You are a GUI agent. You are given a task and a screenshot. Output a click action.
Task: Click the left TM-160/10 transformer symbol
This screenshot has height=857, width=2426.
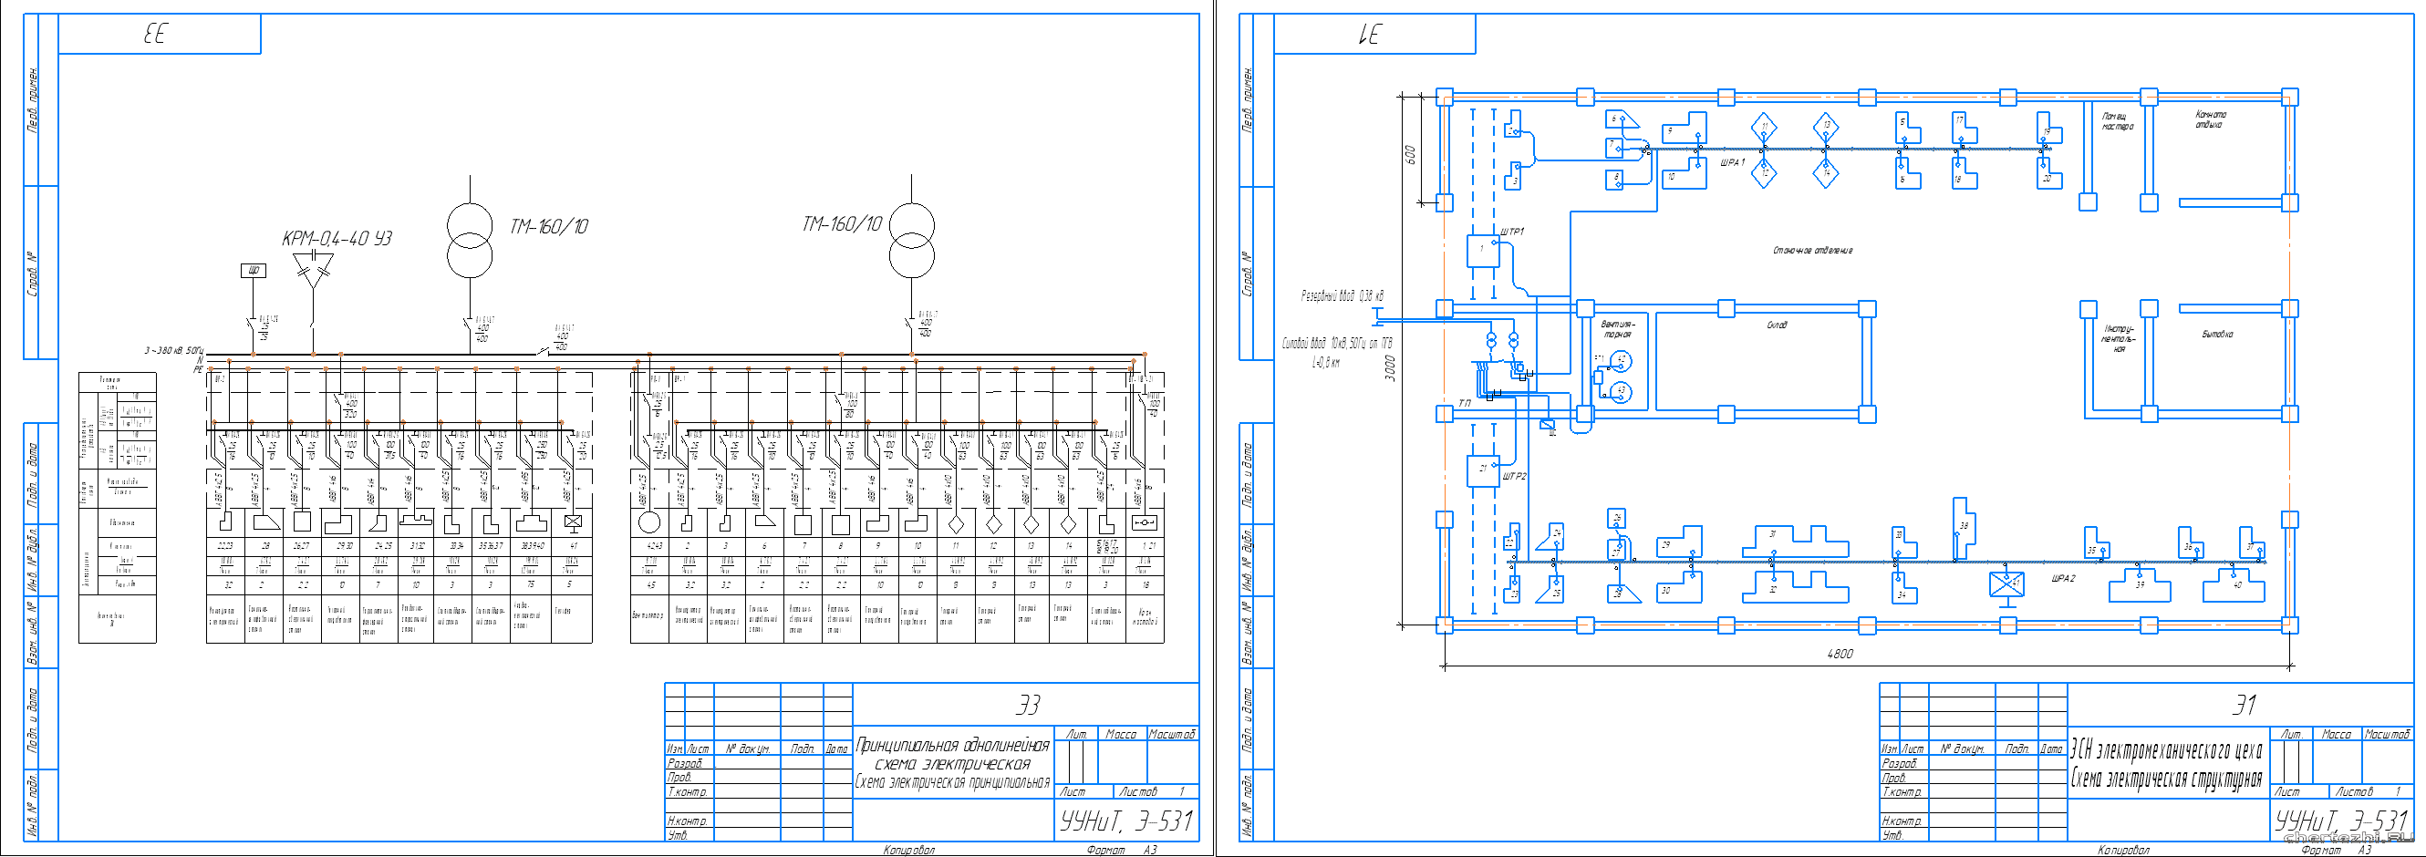(x=469, y=240)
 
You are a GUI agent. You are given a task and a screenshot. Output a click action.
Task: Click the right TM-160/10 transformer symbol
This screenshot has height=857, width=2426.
(x=912, y=240)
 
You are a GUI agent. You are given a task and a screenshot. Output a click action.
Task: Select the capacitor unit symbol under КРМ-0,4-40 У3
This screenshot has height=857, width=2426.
(x=313, y=269)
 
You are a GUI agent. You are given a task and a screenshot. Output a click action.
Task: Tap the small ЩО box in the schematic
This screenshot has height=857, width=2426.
(x=254, y=270)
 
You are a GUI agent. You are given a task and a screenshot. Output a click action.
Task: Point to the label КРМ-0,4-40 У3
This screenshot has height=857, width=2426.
(x=337, y=238)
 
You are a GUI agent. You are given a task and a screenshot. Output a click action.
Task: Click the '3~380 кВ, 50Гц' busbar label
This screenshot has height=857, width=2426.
(x=173, y=350)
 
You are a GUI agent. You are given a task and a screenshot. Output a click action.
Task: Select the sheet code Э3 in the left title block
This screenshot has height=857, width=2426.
(x=1029, y=705)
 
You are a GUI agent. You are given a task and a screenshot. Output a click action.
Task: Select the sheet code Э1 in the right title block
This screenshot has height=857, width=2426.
(x=2245, y=705)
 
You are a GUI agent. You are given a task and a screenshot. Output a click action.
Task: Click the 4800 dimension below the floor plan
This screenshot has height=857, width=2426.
(x=1840, y=654)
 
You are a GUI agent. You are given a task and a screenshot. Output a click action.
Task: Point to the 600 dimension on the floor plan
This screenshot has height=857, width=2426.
(x=1410, y=153)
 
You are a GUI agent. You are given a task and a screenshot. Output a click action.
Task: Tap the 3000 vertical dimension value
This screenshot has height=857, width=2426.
(x=1390, y=367)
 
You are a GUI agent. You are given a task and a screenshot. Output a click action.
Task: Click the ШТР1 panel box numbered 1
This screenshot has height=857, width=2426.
(x=1482, y=251)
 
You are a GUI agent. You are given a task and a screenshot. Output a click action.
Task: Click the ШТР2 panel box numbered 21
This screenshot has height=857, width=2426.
(x=1482, y=470)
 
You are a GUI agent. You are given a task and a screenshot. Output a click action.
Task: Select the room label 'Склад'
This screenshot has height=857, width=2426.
(x=1777, y=325)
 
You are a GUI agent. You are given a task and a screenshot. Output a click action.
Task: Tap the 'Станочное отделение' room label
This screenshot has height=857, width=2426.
(x=1812, y=251)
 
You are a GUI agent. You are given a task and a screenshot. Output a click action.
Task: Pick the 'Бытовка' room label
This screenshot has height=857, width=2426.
(x=2217, y=335)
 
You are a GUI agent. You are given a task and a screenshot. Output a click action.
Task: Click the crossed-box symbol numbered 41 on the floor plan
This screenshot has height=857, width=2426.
(x=2006, y=583)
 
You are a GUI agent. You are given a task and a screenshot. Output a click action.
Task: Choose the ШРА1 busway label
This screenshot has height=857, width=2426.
(x=1732, y=163)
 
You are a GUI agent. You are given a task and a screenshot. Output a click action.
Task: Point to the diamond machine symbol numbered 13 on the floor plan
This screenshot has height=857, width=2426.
(x=1826, y=126)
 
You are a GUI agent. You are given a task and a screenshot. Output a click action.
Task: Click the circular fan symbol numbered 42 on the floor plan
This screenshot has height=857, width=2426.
(x=1621, y=361)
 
